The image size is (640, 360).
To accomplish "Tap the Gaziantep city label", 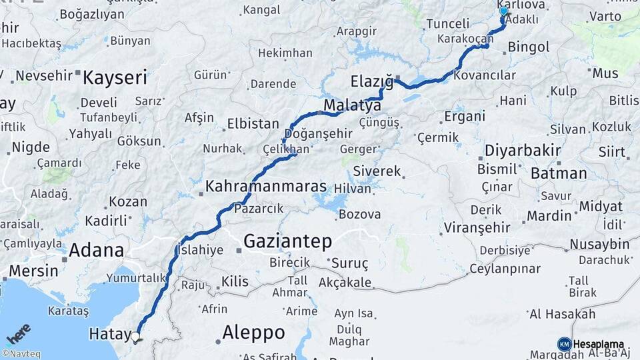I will pyautogui.click(x=287, y=241).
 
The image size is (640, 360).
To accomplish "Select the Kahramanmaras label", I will pyautogui.click(x=265, y=187).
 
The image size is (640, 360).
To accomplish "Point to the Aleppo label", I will pyautogui.click(x=253, y=332).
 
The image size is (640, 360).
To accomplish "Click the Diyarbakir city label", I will pyautogui.click(x=523, y=150).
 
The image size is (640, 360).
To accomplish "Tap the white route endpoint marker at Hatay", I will pyautogui.click(x=135, y=337).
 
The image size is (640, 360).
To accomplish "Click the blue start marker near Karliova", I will pyautogui.click(x=504, y=11).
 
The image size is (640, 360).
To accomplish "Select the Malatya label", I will pyautogui.click(x=352, y=106).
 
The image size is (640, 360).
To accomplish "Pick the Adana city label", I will pyautogui.click(x=96, y=251).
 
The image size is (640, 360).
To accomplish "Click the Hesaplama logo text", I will pyautogui.click(x=598, y=344).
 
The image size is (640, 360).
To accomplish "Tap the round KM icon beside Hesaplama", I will pyautogui.click(x=564, y=344).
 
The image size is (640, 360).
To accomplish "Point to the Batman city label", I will pyautogui.click(x=559, y=173).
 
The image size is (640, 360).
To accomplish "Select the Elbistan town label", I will pyautogui.click(x=253, y=124).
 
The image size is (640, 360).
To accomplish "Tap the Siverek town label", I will pyautogui.click(x=377, y=171).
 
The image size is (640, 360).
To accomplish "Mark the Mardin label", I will pyautogui.click(x=549, y=215).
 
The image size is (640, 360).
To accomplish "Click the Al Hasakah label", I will pyautogui.click(x=562, y=314).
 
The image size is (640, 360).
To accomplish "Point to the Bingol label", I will pyautogui.click(x=529, y=47).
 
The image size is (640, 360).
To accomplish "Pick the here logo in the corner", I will pyautogui.click(x=18, y=333).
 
